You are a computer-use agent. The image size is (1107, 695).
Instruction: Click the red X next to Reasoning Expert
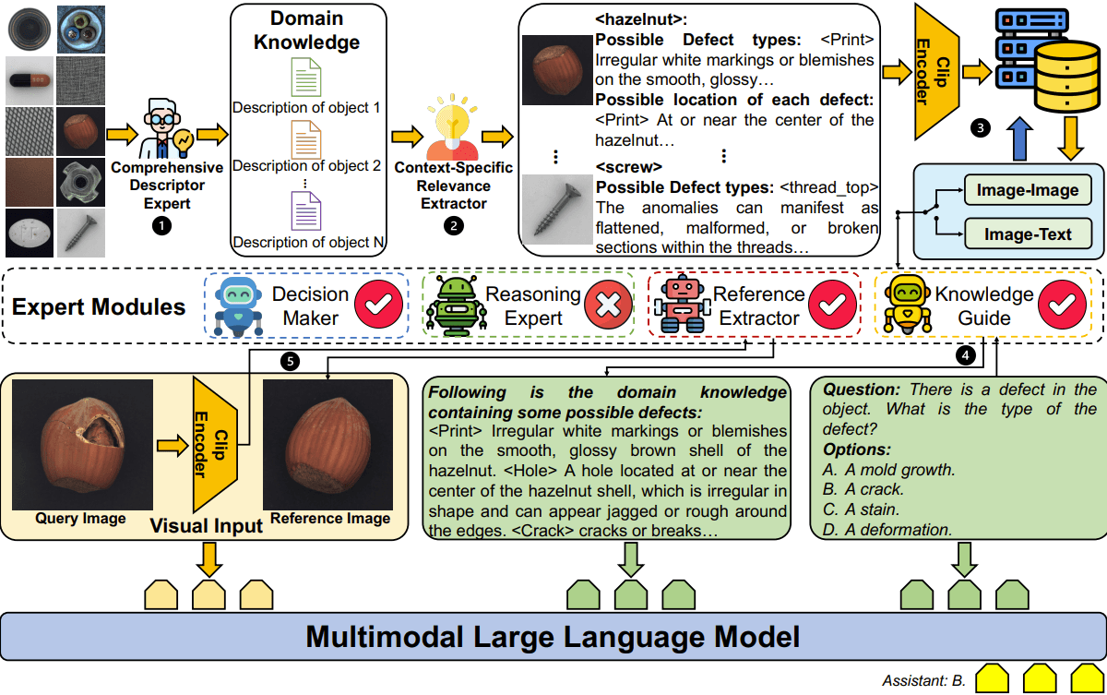[x=606, y=306]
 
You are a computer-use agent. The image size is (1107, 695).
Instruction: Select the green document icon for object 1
[x=306, y=77]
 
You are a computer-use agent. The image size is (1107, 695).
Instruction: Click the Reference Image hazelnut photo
[x=329, y=443]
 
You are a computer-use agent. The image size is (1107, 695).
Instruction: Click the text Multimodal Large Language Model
[x=553, y=637]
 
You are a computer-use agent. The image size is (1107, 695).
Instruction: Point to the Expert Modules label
[x=99, y=306]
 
